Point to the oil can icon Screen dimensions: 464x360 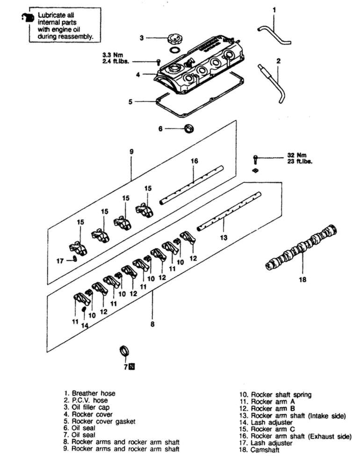coord(26,18)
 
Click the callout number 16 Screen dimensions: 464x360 coord(194,161)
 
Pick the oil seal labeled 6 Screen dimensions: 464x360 coord(190,128)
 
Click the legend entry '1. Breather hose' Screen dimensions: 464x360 coord(90,393)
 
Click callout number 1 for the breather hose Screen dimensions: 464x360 coord(274,9)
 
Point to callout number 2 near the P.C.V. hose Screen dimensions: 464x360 coord(278,61)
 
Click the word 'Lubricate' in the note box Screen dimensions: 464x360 coord(55,15)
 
